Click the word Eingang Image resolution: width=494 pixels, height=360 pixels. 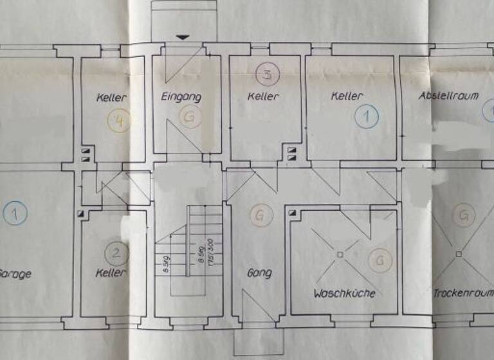181,98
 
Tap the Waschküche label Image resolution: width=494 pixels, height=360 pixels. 344,293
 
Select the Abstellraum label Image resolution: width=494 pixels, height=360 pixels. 448,96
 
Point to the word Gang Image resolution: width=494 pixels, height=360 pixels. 259,273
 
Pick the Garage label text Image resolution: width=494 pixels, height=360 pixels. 15,274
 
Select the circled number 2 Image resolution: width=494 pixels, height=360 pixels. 116,253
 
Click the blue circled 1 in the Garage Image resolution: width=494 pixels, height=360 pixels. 15,213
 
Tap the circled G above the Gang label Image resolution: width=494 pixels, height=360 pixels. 259,215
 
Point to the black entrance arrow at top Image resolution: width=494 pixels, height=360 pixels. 183,37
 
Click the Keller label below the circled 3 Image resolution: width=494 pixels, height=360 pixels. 264,97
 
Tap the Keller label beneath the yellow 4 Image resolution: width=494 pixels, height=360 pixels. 111,98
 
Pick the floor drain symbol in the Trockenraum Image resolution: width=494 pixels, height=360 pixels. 459,254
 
